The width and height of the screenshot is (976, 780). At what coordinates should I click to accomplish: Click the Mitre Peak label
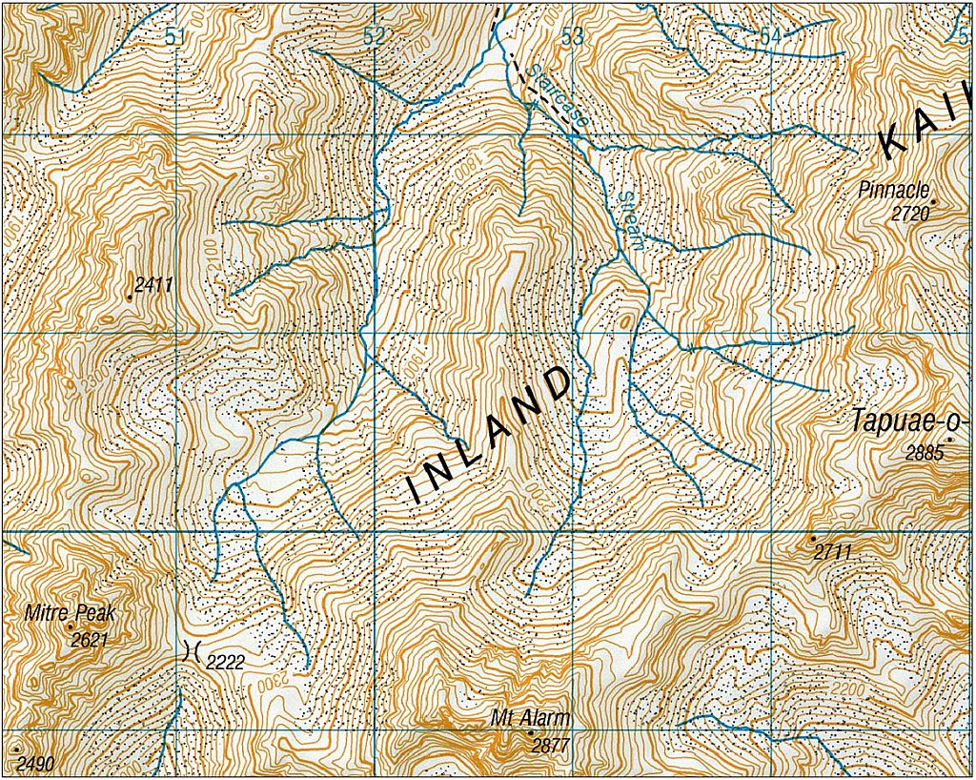click(x=70, y=614)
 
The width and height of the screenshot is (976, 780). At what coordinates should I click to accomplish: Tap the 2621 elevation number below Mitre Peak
click(x=90, y=640)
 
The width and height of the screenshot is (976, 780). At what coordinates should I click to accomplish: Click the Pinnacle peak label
click(x=893, y=189)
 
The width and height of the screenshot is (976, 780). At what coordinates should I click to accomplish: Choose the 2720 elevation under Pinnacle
click(x=909, y=215)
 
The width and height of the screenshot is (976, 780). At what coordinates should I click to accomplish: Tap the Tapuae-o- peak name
click(x=910, y=421)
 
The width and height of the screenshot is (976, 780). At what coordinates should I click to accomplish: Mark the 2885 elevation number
click(x=924, y=453)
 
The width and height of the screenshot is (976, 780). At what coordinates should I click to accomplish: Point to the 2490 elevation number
click(x=35, y=763)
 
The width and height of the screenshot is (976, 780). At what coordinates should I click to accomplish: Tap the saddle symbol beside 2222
click(x=190, y=652)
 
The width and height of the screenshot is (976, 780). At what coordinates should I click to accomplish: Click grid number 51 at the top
click(x=173, y=37)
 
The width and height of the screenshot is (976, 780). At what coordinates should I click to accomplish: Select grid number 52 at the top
click(x=375, y=37)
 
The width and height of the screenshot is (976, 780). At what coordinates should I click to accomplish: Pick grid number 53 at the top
click(x=572, y=37)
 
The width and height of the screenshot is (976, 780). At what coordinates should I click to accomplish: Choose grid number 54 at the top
click(x=770, y=36)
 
